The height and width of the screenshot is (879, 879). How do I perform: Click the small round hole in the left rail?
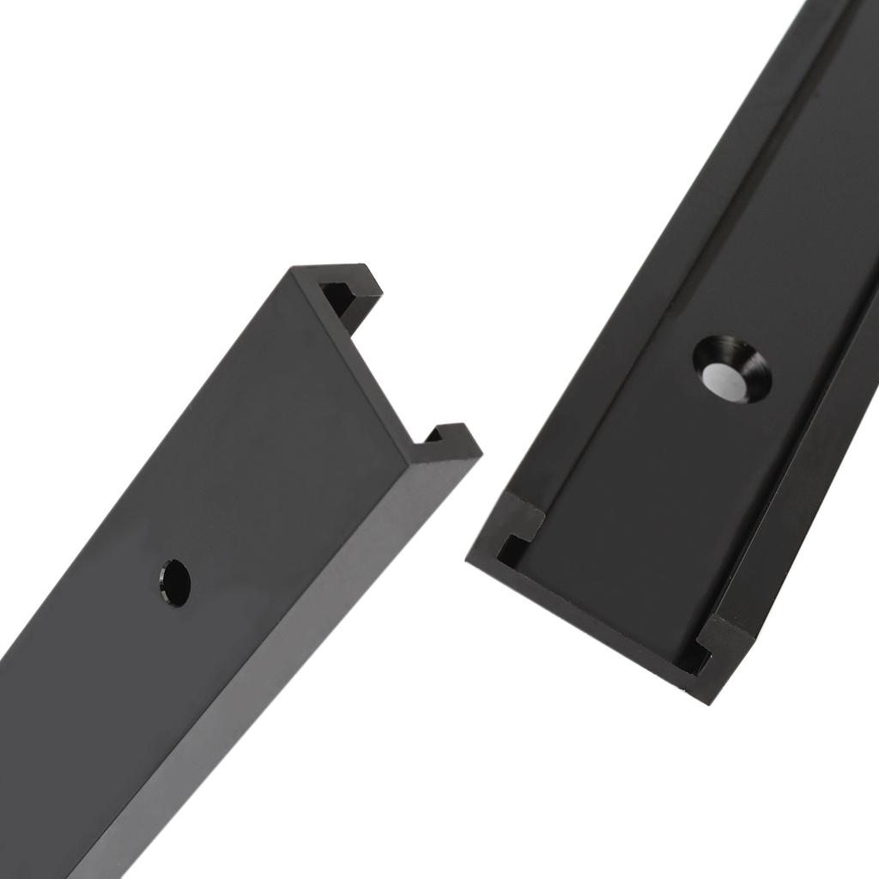click(174, 583)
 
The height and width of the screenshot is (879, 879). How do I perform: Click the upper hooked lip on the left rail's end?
click(361, 282)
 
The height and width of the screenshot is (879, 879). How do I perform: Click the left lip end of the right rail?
click(522, 518)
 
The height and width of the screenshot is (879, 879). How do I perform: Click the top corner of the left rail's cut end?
click(292, 271)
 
